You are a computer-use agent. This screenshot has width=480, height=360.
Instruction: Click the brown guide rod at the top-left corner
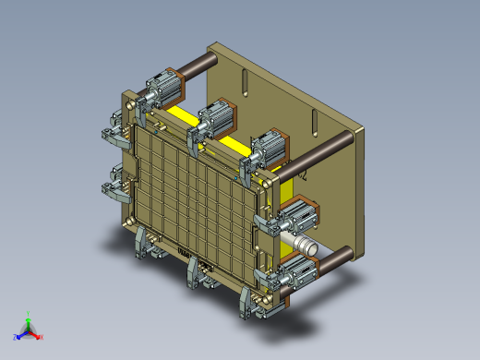(x=197, y=66)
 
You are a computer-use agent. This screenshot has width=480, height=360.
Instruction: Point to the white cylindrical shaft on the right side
(x=303, y=245)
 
